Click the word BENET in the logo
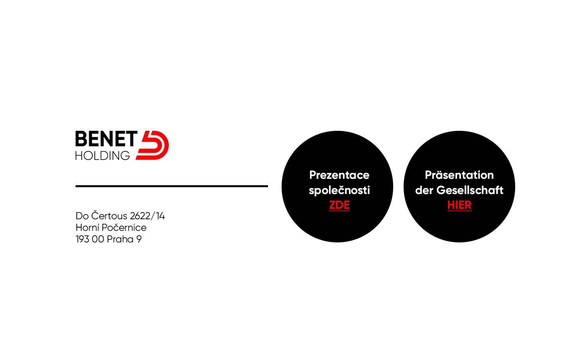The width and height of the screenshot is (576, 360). click(x=106, y=138)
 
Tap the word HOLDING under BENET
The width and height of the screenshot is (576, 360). click(x=102, y=156)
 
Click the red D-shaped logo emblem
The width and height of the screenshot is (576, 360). click(x=152, y=145)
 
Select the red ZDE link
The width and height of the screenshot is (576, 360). click(x=340, y=205)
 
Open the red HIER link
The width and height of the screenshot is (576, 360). click(x=459, y=205)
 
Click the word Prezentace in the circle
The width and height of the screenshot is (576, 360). click(x=340, y=175)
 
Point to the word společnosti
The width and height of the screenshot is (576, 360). click(x=340, y=190)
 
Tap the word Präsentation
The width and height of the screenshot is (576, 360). click(x=459, y=175)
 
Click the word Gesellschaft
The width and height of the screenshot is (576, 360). click(x=470, y=190)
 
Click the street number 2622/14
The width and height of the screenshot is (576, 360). click(x=147, y=216)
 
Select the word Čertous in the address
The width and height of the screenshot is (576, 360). click(x=109, y=216)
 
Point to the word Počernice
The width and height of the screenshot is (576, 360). click(x=124, y=228)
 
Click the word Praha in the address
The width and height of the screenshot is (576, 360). click(x=120, y=239)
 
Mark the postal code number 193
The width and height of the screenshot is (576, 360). click(x=82, y=239)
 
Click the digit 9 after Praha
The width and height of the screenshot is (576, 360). click(x=139, y=239)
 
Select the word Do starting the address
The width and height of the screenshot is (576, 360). click(x=82, y=216)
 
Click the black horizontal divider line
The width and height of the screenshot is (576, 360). click(x=172, y=186)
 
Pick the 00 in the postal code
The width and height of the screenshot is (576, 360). click(x=98, y=239)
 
